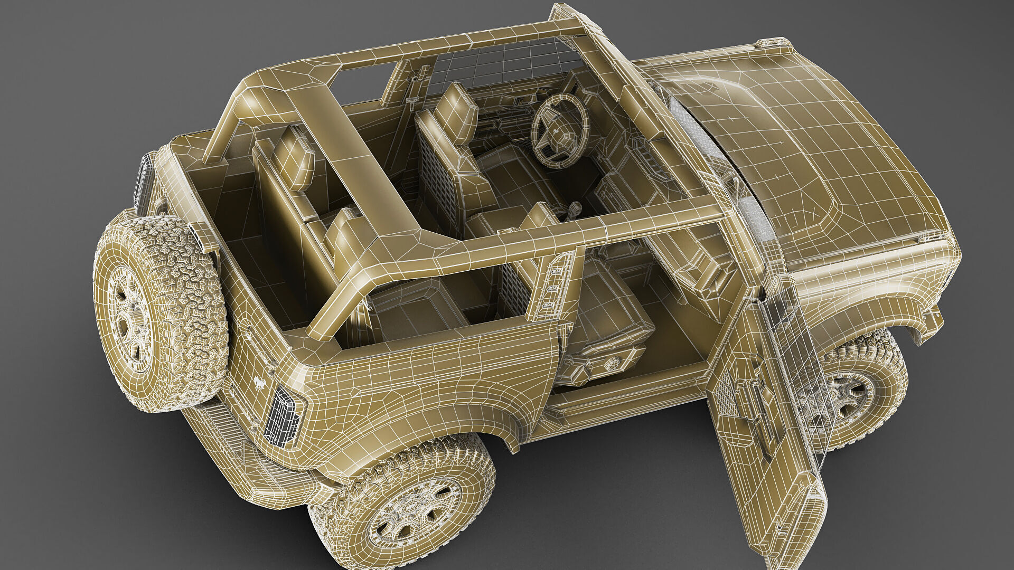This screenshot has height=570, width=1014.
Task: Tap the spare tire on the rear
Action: [x=158, y=311]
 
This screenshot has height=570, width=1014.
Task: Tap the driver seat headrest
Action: [x=456, y=113]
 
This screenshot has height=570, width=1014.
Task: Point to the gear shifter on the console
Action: [x=573, y=208]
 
